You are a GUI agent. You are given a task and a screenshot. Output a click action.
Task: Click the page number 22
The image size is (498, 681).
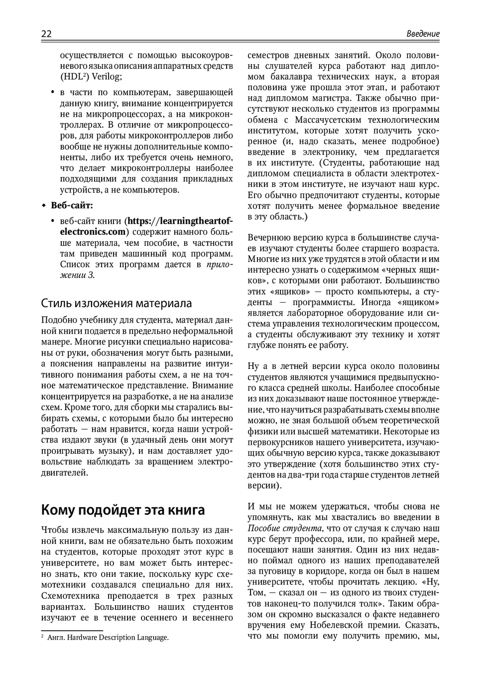46,34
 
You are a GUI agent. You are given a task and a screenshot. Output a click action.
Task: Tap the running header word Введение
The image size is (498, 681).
423,34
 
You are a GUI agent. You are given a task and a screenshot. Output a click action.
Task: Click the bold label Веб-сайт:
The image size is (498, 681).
72,205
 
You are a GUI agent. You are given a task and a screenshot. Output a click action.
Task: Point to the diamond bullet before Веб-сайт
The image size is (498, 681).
44,205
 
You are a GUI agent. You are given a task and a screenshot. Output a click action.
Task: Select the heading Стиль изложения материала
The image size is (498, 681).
116,303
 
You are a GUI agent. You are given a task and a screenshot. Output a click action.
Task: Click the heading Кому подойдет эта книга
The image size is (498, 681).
123,510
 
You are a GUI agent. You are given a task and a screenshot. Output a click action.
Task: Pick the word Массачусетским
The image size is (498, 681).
328,120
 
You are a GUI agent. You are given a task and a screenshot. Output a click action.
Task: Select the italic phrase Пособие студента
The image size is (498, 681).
284,528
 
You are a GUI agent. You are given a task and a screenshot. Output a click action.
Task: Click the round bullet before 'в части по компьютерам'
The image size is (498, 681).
53,92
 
